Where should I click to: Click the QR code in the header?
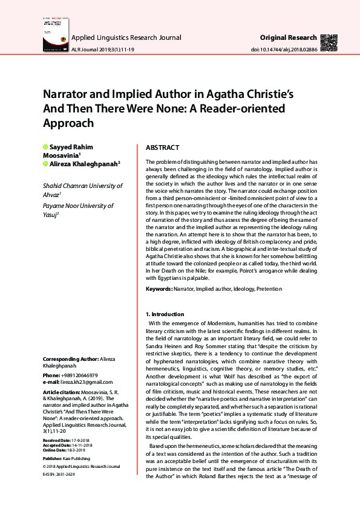tap(329, 42)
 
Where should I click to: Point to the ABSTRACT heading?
tap(162, 148)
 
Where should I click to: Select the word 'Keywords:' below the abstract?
tap(159, 290)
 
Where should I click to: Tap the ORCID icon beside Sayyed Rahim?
tap(45, 148)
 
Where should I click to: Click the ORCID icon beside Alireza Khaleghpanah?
tap(45, 163)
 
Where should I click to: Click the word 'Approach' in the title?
tap(68, 123)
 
